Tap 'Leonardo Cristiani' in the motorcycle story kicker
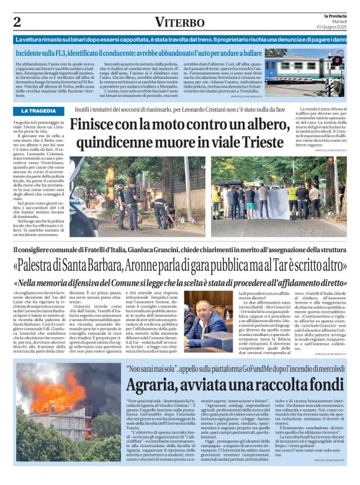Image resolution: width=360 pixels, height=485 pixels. [x=226, y=109]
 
